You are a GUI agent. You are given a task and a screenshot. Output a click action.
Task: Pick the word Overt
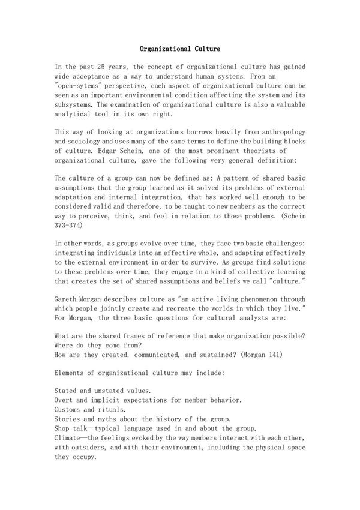[64, 400]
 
